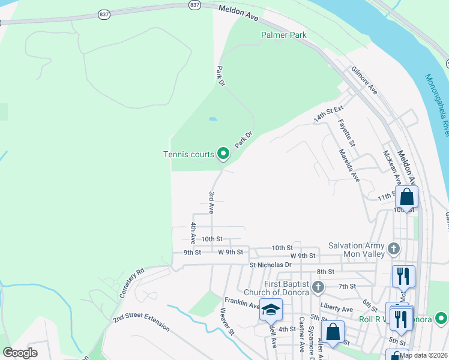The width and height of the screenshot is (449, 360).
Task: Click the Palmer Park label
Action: click(x=283, y=35)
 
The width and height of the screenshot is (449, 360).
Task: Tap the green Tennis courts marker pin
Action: click(x=223, y=154)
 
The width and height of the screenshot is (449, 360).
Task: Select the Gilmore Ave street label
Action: click(x=364, y=80)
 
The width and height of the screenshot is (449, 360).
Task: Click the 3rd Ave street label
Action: click(x=211, y=202)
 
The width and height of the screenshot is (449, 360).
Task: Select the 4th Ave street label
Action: click(x=193, y=233)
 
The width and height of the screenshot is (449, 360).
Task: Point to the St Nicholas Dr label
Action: click(x=270, y=264)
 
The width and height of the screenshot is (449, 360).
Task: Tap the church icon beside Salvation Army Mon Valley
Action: click(x=394, y=248)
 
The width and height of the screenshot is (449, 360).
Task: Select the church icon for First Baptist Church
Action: click(x=318, y=287)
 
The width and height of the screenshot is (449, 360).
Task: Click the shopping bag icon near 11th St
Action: click(x=406, y=197)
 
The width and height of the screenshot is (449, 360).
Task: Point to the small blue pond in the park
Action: click(x=212, y=119)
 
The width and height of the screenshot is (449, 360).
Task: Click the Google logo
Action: click(x=20, y=353)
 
